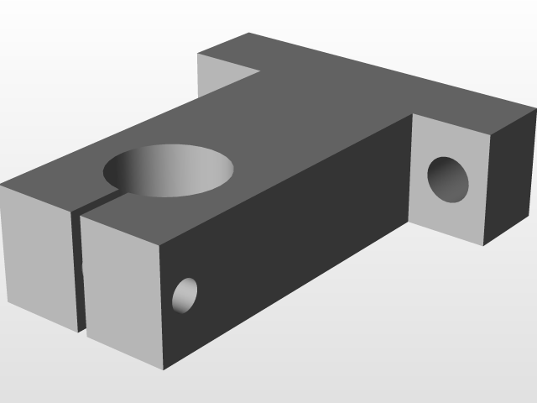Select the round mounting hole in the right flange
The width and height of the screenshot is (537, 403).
tap(448, 179)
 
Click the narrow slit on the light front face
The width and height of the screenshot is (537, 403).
tap(79, 269)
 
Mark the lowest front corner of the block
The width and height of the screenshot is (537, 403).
tap(164, 369)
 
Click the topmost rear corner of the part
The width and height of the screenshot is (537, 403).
tap(249, 34)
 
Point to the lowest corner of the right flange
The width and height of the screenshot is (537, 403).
tap(483, 245)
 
